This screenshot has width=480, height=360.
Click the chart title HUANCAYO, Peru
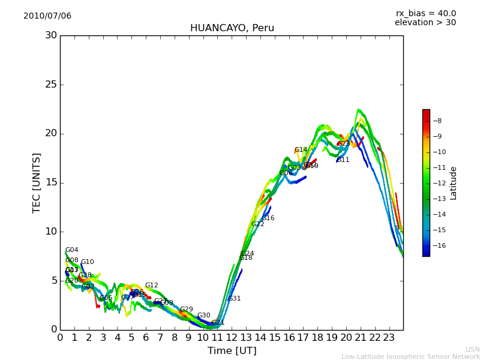232,28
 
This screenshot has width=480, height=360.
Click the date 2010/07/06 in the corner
47,16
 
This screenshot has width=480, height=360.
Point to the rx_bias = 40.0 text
425,13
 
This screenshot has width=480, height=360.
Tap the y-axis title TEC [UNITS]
37,182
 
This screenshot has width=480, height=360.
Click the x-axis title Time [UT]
232,351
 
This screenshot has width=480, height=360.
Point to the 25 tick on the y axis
51,85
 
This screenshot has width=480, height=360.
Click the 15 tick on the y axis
51,182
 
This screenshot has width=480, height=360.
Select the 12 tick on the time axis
232,338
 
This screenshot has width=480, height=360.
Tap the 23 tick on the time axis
389,338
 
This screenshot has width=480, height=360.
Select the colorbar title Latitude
454,182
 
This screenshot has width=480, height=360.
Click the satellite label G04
71,250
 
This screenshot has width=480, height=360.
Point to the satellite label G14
301,150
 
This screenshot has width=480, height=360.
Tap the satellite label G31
234,299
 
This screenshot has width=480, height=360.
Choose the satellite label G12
151,286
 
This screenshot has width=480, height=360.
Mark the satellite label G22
257,224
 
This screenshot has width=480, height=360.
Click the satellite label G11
343,160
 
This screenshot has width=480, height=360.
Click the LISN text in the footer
472,349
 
